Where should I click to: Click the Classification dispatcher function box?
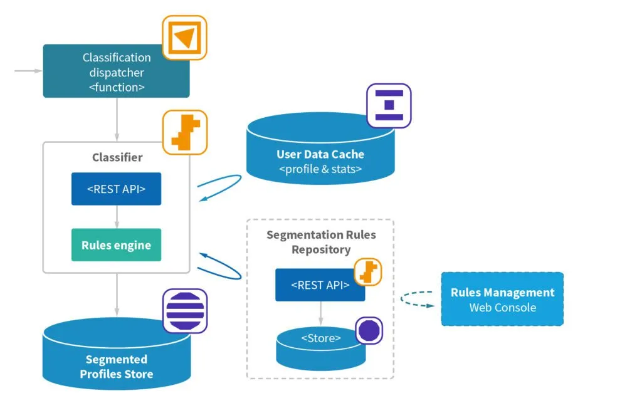[x=116, y=72]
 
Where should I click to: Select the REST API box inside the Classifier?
[x=116, y=189]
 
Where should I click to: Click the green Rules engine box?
[x=116, y=245]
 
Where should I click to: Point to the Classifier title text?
[x=117, y=157]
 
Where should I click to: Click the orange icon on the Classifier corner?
[x=184, y=132]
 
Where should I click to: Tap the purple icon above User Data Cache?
[x=389, y=106]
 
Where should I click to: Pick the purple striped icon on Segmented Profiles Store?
[x=184, y=311]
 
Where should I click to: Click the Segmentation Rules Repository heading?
[x=321, y=242]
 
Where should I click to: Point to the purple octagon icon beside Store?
[x=369, y=330]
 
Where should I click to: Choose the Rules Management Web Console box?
[x=502, y=299]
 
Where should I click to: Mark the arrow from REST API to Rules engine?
[x=117, y=217]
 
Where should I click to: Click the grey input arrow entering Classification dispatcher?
[x=28, y=71]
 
